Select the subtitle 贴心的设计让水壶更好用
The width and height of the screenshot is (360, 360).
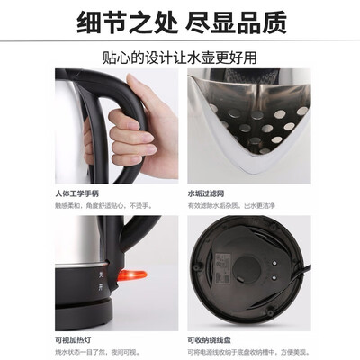coord(179,57)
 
